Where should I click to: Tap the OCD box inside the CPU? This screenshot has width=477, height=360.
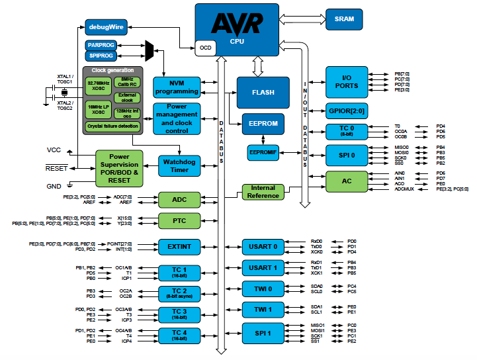[x=205, y=48]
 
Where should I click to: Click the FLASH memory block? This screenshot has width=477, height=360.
[x=263, y=93]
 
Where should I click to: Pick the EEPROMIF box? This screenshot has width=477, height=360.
[x=264, y=153]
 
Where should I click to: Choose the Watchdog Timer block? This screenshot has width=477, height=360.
[x=180, y=165]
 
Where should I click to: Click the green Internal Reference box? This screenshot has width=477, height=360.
[x=263, y=192]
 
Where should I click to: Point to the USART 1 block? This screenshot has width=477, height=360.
[x=263, y=268]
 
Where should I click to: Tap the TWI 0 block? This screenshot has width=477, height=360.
[x=263, y=289]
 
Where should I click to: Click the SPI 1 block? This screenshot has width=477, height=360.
[x=263, y=332]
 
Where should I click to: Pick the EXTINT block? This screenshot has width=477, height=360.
[x=179, y=247]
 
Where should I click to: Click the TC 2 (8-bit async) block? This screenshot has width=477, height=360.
[x=180, y=293]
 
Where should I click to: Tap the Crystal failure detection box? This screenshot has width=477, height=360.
[x=112, y=126]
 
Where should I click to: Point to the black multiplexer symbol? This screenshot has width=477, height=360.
[x=149, y=50]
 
